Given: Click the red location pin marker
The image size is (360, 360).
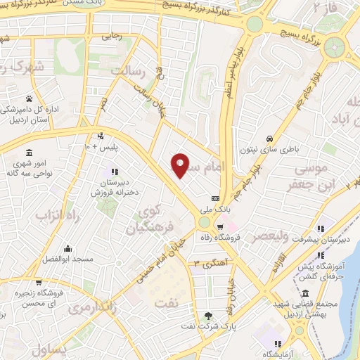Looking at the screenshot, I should [180, 165].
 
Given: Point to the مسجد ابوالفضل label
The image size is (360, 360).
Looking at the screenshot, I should [67, 259].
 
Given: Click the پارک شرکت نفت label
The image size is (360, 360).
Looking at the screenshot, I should [207, 327].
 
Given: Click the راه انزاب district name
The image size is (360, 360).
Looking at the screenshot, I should [50, 213].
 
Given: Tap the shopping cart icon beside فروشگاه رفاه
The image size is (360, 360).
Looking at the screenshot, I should [220, 227].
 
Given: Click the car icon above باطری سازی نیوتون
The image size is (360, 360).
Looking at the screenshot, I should [271, 138].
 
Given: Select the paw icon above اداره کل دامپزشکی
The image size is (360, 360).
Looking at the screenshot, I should [29, 98].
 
